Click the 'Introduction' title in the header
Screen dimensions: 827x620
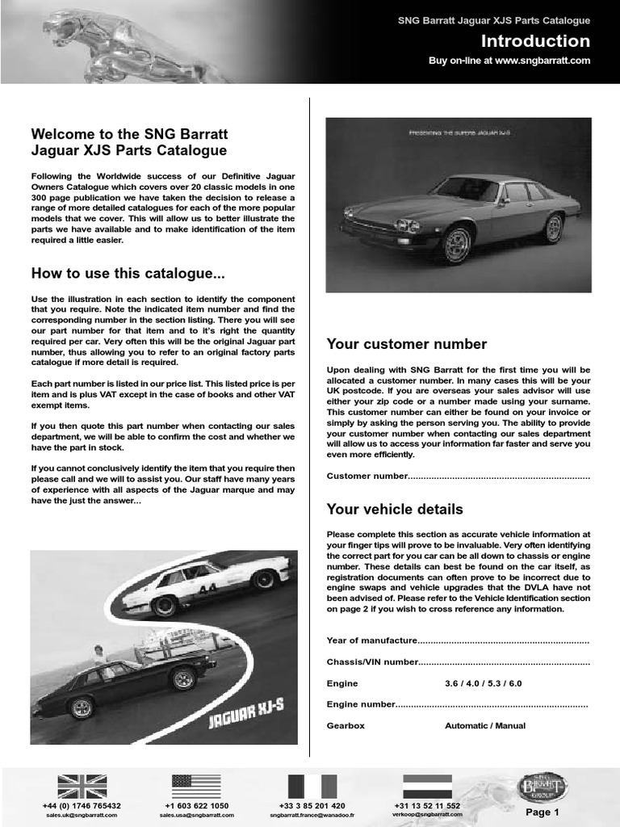point(535,41)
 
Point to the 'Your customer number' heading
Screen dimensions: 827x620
point(406,344)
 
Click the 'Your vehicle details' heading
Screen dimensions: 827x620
point(394,509)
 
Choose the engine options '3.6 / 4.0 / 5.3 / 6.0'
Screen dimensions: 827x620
point(483,683)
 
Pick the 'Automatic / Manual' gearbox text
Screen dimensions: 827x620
point(484,726)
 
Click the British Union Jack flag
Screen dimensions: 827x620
point(82,786)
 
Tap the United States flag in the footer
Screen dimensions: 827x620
point(196,786)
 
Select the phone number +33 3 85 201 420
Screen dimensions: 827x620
point(312,806)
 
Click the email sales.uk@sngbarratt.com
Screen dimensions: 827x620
point(82,815)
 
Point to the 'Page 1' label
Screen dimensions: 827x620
point(542,812)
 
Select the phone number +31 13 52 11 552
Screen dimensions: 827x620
point(427,806)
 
